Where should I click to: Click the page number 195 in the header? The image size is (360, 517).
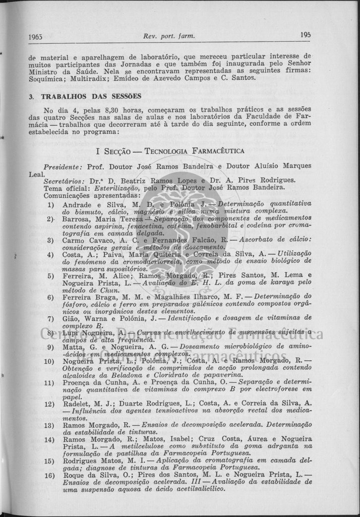click(x=305, y=35)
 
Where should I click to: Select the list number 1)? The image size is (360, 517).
click(x=51, y=204)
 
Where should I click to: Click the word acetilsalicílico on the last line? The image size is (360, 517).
click(x=195, y=489)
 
